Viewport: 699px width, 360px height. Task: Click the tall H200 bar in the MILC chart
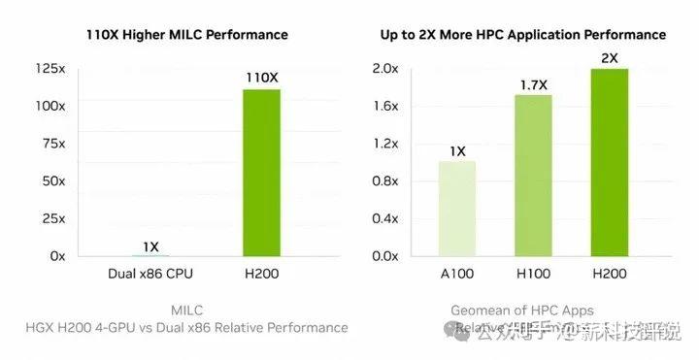click(261, 172)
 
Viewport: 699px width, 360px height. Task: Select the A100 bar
click(457, 208)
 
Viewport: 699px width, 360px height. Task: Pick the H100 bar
click(533, 175)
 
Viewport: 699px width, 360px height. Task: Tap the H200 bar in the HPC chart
click(609, 162)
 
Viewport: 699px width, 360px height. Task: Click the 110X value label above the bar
click(261, 76)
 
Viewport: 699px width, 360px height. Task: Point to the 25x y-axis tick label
click(51, 218)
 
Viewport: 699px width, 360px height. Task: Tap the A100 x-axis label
click(457, 275)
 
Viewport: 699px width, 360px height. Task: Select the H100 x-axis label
click(533, 275)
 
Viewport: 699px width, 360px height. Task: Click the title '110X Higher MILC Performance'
click(185, 34)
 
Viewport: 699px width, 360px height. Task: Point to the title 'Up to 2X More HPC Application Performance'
click(522, 34)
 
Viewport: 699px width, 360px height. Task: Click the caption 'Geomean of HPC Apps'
click(521, 311)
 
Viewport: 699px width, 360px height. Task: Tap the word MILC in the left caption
click(185, 311)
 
